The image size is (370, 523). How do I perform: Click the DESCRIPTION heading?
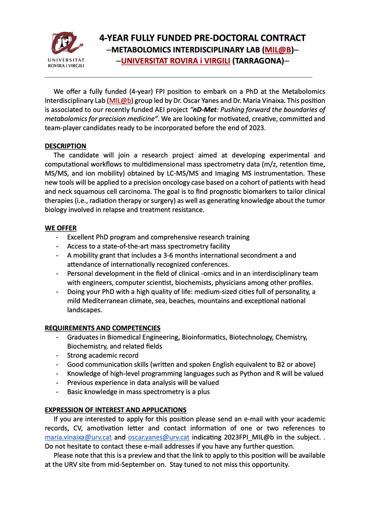tap(65, 146)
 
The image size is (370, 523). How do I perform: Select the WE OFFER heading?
tap(61, 228)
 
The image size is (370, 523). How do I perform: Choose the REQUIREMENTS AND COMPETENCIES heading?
tap(103, 328)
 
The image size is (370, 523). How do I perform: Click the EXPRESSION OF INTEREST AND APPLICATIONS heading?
tap(116, 410)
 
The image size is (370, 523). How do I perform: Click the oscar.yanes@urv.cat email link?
tap(158, 437)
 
